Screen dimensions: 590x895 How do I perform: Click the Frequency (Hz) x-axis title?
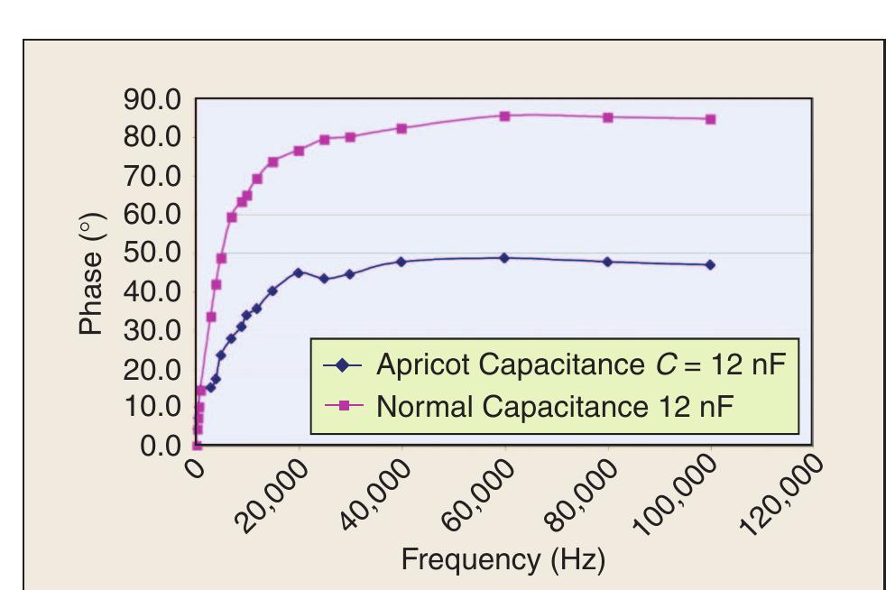[503, 559]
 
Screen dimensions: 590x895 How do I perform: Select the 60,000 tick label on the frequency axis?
[477, 494]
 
